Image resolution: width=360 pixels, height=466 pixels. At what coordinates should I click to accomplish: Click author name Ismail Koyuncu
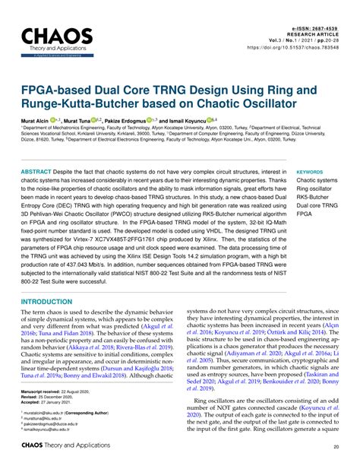tap(192, 122)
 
